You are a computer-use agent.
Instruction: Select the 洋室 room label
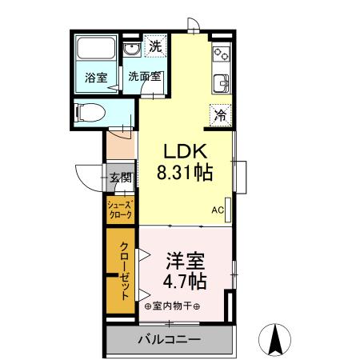[186, 262]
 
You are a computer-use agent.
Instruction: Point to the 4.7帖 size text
[186, 281]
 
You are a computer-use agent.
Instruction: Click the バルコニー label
[169, 339]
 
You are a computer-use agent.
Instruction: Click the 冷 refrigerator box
[219, 114]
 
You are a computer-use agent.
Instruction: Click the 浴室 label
[97, 78]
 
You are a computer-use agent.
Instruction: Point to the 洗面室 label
[144, 78]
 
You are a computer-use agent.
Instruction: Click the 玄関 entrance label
[121, 178]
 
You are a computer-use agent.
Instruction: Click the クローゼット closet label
[125, 270]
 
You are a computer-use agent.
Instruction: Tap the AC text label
[217, 210]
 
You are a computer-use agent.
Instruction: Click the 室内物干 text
[172, 306]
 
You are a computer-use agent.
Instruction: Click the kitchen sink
[221, 82]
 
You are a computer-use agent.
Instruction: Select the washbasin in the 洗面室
[133, 52]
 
